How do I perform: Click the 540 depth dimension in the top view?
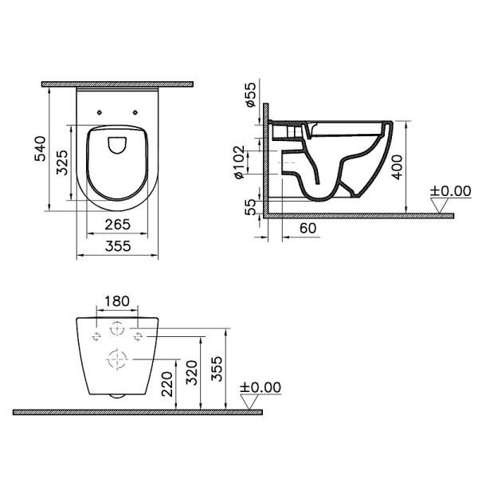point(41,149)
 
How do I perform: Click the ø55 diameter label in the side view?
point(249,96)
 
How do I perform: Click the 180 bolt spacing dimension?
point(117,301)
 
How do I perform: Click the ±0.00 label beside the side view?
point(451,191)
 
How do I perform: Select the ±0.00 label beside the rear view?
point(261,387)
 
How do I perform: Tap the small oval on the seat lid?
point(118,143)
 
